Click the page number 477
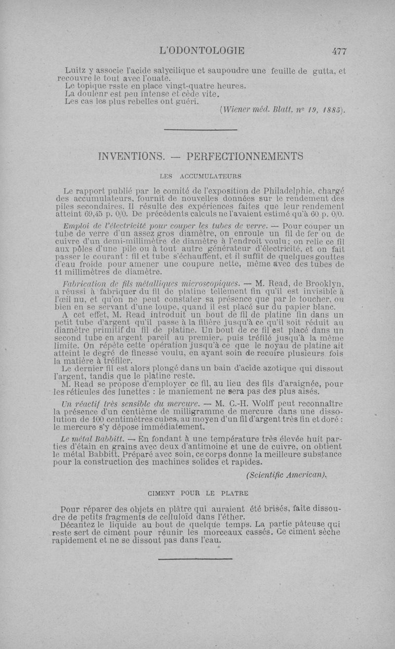point(339,50)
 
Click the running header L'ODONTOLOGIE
point(202,50)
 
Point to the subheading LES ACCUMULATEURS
point(200,175)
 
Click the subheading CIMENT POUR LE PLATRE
point(198,493)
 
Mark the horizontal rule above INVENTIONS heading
point(200,130)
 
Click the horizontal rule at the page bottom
point(195,559)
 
